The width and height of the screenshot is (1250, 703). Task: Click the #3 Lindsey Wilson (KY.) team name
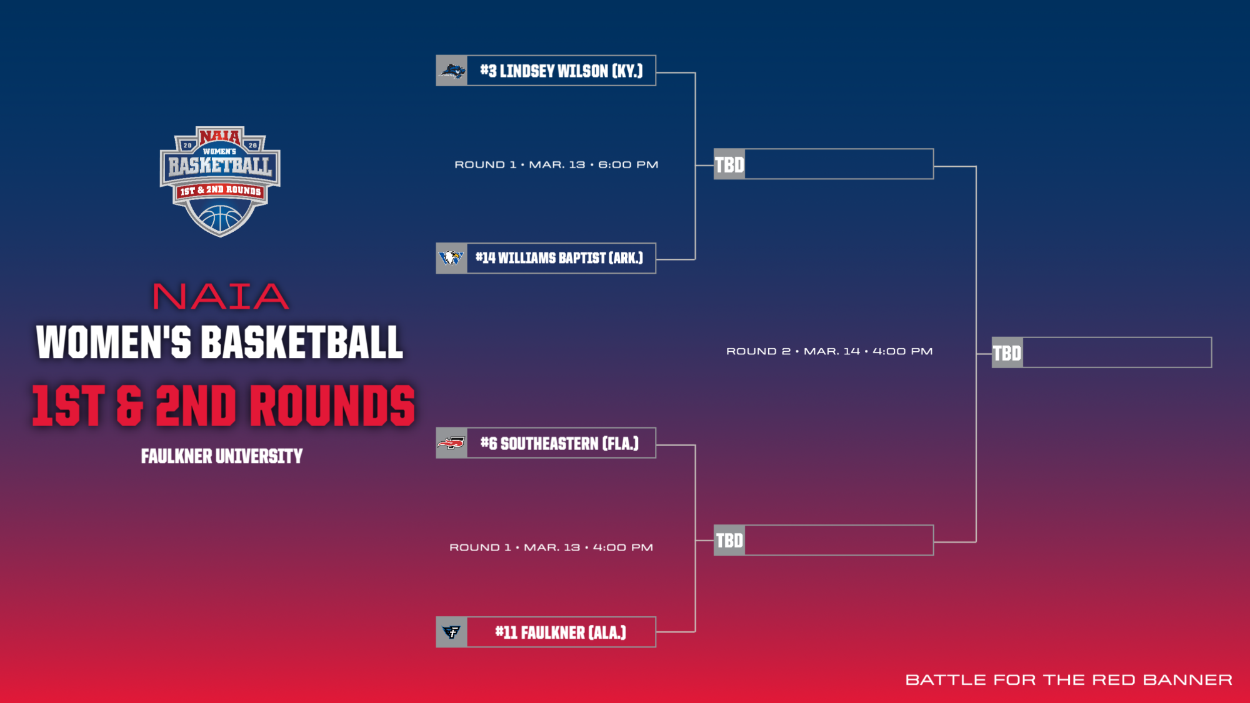(x=561, y=71)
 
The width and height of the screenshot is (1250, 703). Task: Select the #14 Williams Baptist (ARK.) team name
(x=559, y=258)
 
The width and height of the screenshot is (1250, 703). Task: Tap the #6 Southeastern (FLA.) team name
(x=559, y=444)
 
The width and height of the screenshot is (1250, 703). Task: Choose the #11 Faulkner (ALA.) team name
(x=560, y=632)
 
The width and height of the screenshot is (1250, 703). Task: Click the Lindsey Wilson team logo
(x=452, y=71)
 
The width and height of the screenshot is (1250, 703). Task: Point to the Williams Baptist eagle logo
(x=451, y=258)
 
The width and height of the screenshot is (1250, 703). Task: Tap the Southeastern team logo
(x=451, y=444)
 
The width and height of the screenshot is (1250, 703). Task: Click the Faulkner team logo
(x=451, y=632)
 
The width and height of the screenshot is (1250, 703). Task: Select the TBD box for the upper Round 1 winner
(x=824, y=164)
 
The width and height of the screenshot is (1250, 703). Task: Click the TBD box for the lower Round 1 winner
(x=824, y=541)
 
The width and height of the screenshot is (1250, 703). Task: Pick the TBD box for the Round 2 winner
(x=1101, y=353)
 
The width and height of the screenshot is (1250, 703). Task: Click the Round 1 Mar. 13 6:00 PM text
(x=556, y=165)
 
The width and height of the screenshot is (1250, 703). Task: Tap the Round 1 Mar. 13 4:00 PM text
(x=551, y=547)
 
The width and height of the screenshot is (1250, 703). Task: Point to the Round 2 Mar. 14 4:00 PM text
(x=829, y=351)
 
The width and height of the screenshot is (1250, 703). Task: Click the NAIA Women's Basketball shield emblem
(x=220, y=181)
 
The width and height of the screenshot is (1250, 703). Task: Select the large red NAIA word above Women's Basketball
(x=221, y=296)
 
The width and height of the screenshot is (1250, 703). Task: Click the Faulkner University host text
(x=222, y=456)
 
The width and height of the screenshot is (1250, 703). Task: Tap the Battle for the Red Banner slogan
(x=1069, y=680)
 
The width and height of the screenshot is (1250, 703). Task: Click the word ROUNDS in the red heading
(x=332, y=406)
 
